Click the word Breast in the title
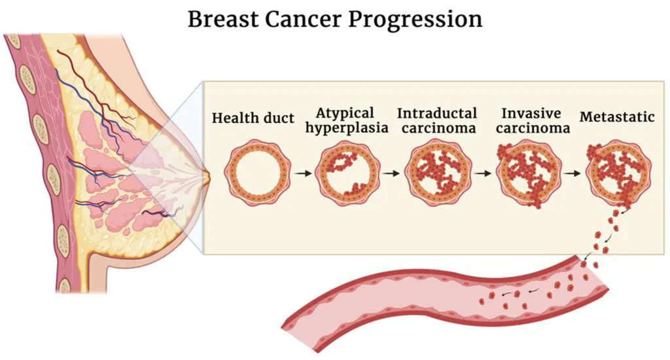(222, 19)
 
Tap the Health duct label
(253, 118)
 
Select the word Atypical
(345, 113)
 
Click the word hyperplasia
(347, 128)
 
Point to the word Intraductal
(437, 113)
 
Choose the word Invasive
(531, 113)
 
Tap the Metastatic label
(617, 117)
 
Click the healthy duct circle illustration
(258, 173)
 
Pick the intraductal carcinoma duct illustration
(438, 173)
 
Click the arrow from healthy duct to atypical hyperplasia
(303, 173)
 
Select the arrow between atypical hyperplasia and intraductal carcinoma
(391, 173)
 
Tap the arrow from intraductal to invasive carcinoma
(483, 173)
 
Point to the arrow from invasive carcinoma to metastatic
(573, 173)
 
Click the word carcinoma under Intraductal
(439, 128)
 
